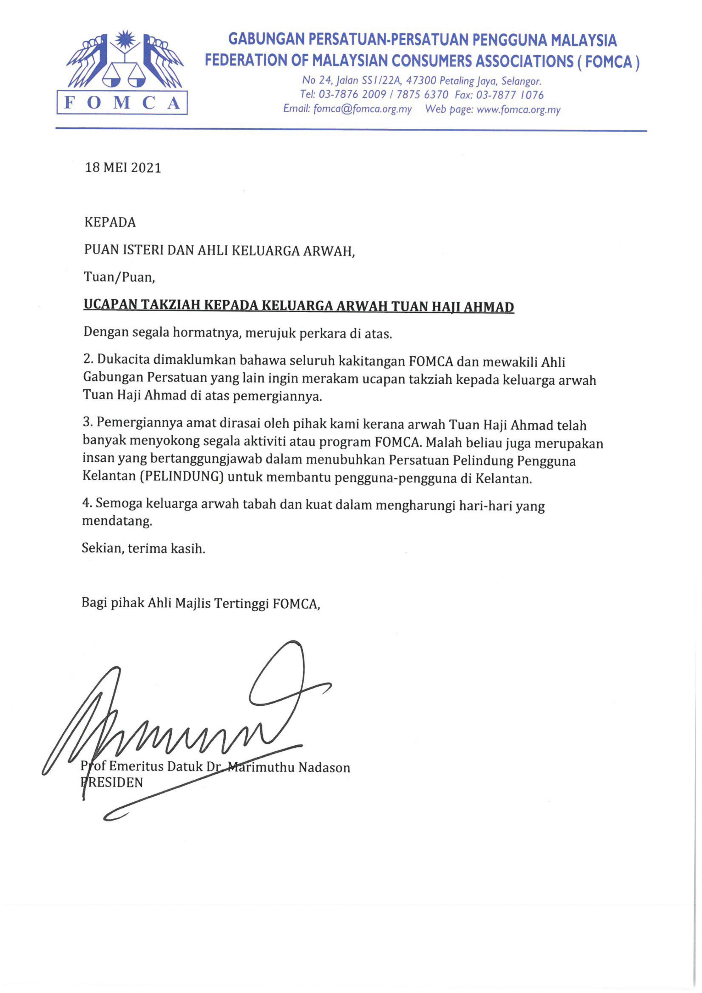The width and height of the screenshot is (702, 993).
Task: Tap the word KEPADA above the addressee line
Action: click(x=110, y=222)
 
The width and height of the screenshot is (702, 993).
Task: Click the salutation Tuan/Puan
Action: click(x=119, y=277)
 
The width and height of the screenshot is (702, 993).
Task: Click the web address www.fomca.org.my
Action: click(x=518, y=110)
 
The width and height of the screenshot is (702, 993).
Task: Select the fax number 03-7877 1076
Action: click(x=510, y=95)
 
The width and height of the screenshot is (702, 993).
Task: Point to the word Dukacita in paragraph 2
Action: click(x=123, y=360)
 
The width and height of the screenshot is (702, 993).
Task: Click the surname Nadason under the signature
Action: click(x=324, y=768)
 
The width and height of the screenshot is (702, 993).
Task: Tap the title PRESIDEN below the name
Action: click(x=115, y=782)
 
